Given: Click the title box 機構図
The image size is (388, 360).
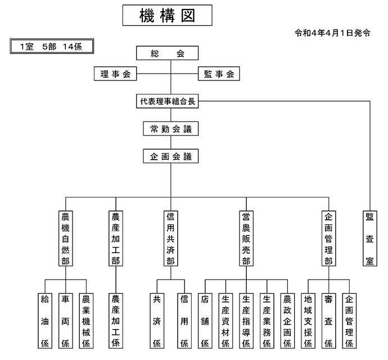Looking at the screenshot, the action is [x=167, y=15].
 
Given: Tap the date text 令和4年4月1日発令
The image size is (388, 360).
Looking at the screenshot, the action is [x=332, y=33].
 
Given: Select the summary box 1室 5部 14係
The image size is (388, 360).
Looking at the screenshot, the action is [x=52, y=46].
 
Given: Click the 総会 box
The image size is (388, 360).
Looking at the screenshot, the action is [x=167, y=53].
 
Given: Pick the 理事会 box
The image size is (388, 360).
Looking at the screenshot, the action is [x=115, y=74].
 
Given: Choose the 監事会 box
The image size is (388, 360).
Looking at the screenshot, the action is [x=219, y=74].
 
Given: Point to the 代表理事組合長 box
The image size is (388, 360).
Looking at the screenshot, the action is [x=167, y=101].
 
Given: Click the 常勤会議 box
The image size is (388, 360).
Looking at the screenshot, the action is [x=171, y=128].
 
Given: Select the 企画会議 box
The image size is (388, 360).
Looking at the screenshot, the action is [x=171, y=156].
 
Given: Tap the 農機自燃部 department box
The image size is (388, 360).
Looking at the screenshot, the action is [x=66, y=238].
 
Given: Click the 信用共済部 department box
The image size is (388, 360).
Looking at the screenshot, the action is [x=171, y=238].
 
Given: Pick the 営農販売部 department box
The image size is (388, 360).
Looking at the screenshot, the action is [x=246, y=238].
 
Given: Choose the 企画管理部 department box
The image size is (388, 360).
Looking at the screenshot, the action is [x=328, y=238].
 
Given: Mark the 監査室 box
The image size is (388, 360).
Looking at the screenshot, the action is [x=370, y=238].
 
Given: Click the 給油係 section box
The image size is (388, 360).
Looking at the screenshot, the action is [x=45, y=321].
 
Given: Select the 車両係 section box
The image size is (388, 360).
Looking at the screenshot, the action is [x=66, y=321].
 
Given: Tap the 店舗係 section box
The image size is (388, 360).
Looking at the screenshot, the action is [x=205, y=321].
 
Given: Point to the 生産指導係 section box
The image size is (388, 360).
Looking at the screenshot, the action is [x=246, y=321].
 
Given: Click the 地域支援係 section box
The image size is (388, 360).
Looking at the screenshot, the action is [x=308, y=321].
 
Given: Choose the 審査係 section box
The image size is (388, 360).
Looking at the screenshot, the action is [x=328, y=321].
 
